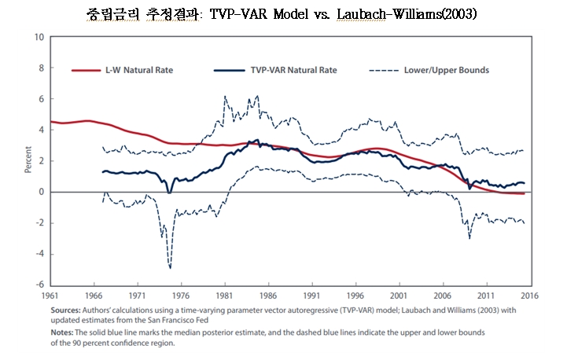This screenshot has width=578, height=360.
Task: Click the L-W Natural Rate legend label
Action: [138, 71]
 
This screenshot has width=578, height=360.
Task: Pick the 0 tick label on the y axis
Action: [41, 192]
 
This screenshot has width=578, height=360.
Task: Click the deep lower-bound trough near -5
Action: [169, 267]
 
